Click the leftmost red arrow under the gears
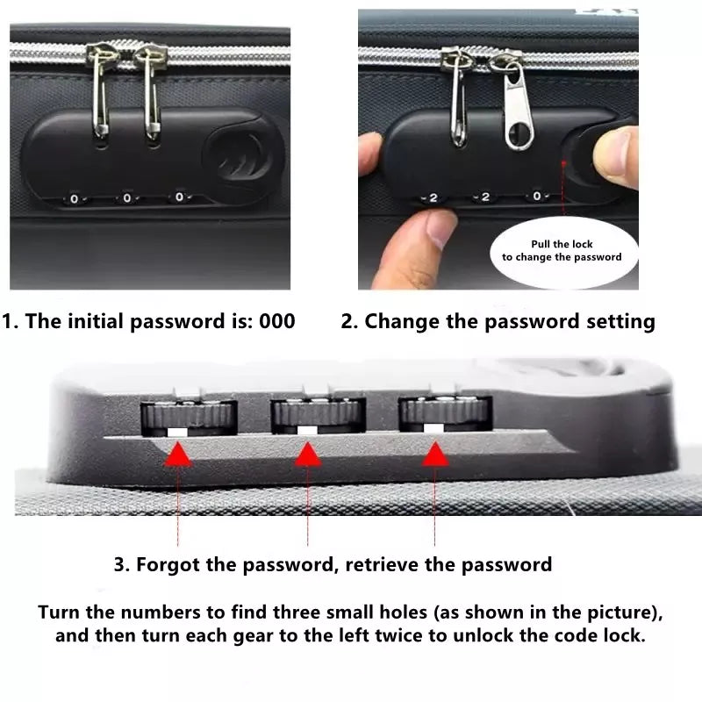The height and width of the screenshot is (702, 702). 178,454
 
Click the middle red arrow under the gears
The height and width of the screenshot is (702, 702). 307,454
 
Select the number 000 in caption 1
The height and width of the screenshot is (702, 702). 276,321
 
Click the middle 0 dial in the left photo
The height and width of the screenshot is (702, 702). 127,198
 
